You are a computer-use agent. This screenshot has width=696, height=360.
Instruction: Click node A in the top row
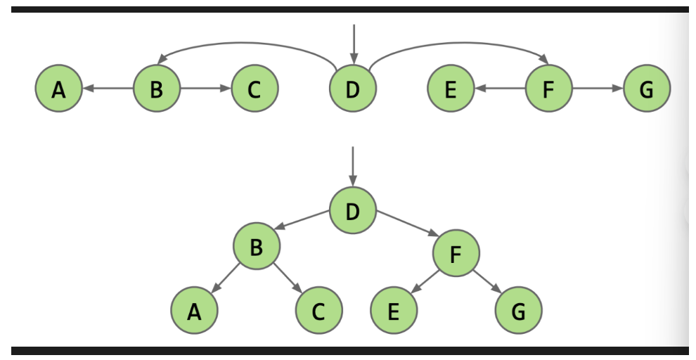point(58,89)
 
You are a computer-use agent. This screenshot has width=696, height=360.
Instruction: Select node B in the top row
point(157,89)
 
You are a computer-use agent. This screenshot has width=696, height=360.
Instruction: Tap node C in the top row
point(254,89)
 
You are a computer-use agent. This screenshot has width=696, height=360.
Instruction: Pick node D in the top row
point(353,89)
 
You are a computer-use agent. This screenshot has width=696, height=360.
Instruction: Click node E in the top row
point(451,89)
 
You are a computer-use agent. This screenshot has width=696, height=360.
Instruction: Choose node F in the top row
point(549,89)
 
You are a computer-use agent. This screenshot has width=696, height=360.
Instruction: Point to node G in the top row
point(647,89)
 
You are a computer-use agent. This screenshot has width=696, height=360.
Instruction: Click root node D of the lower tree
point(353,211)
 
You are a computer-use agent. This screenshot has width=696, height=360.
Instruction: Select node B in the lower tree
point(257,245)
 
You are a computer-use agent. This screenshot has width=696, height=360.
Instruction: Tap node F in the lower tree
point(456,252)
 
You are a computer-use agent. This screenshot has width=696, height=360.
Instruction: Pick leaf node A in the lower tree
point(194,310)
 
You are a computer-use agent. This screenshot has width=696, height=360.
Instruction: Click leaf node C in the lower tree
point(318,310)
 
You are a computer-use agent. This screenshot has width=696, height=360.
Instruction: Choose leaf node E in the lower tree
point(394,310)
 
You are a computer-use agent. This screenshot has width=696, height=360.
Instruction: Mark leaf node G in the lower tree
point(518,310)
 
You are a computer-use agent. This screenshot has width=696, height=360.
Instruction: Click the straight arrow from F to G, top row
point(598,89)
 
